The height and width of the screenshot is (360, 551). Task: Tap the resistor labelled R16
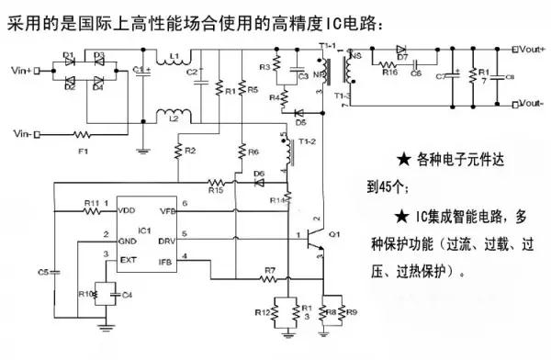click(388, 70)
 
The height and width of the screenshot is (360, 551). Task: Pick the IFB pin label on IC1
click(167, 261)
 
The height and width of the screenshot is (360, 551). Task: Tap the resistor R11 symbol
click(91, 210)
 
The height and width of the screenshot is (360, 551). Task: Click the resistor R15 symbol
click(216, 181)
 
